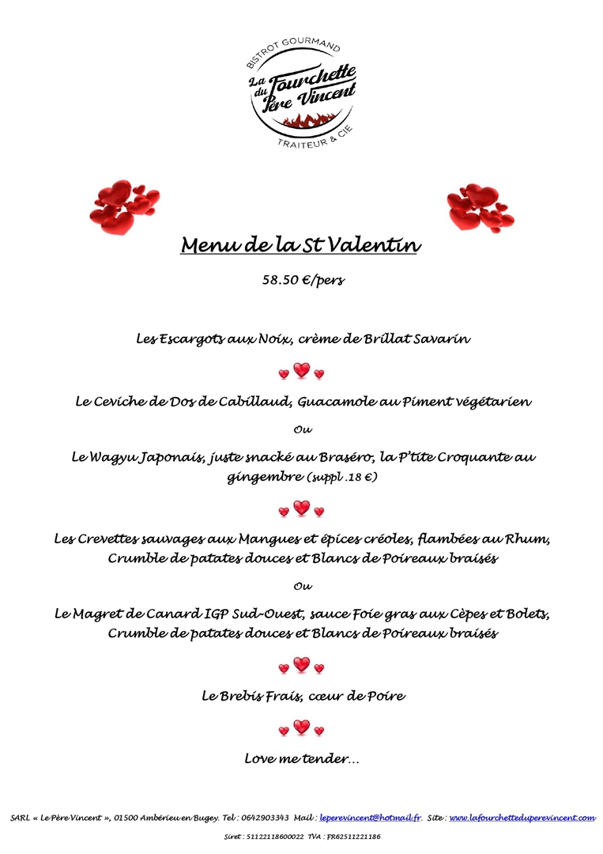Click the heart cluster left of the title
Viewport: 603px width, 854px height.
(123, 205)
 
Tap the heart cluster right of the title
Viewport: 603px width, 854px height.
(478, 206)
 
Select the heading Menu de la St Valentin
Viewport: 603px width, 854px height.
(300, 245)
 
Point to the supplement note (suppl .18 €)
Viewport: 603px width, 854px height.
(341, 477)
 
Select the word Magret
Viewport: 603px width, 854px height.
(107, 614)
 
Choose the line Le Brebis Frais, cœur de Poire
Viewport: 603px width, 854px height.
(303, 697)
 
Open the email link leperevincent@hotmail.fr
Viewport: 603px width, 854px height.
(371, 818)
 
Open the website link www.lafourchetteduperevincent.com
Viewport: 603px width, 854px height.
(522, 818)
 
